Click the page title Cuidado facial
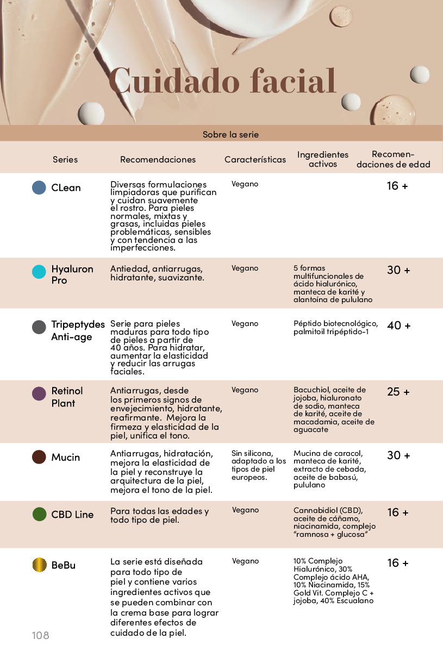223,82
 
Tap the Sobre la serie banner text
230,134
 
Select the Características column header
255,160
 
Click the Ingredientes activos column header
323,159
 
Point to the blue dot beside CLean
39,187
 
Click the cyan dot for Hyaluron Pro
39,272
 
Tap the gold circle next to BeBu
39,565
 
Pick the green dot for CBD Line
39,514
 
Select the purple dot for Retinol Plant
39,393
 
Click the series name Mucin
65,458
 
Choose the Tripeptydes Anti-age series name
78,330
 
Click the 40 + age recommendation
398,326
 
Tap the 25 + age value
398,392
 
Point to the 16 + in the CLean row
397,186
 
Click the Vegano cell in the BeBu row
246,561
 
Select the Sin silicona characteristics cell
259,465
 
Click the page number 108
41,635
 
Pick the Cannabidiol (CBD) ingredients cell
334,522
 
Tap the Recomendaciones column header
158,160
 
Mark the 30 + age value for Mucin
398,455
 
